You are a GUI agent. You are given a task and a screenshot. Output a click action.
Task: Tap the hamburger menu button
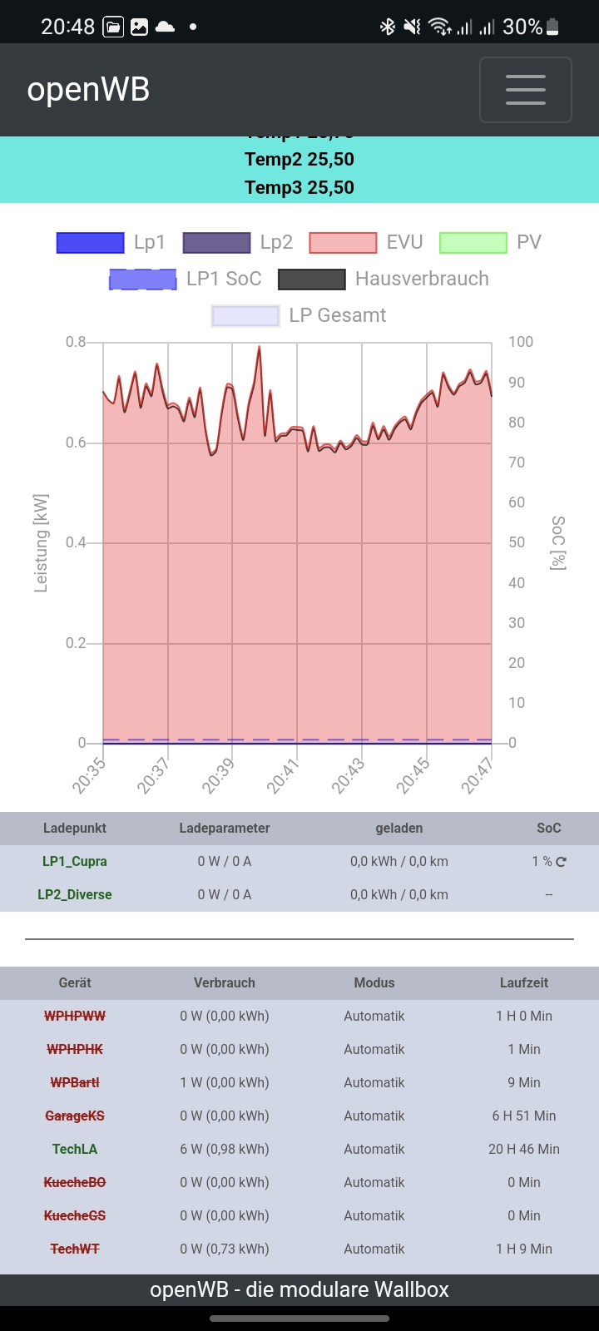coord(525,90)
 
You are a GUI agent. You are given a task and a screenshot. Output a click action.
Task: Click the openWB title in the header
coord(88,90)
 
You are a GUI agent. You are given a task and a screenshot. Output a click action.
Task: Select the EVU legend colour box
coord(343,243)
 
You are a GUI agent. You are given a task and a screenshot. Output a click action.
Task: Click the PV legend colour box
coord(473,243)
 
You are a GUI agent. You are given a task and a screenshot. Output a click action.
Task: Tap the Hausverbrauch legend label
coord(422,279)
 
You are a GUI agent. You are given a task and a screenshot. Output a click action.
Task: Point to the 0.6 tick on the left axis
coord(76,443)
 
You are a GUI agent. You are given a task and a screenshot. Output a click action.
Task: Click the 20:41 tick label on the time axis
coord(283,777)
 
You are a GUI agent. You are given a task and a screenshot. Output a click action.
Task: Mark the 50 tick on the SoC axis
coord(517,542)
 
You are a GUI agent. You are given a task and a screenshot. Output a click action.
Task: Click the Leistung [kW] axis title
coord(41,542)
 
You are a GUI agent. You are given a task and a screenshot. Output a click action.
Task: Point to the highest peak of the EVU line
coord(260,348)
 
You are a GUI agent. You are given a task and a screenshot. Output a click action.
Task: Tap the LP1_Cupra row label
coord(75,861)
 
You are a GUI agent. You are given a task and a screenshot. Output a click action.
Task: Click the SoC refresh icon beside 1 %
coord(562,862)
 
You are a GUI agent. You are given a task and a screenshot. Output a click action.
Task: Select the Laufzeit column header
coord(524,982)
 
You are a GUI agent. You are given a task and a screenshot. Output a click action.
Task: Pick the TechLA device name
coord(75,1149)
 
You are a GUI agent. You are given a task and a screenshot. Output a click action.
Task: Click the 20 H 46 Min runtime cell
coord(524,1149)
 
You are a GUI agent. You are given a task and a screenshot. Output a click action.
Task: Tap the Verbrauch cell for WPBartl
coord(225,1082)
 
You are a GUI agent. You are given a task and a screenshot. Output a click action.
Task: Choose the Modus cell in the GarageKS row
coord(374,1116)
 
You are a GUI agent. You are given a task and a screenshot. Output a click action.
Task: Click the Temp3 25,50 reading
coord(299,187)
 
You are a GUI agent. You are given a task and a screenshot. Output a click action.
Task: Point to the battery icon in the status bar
coord(552,27)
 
